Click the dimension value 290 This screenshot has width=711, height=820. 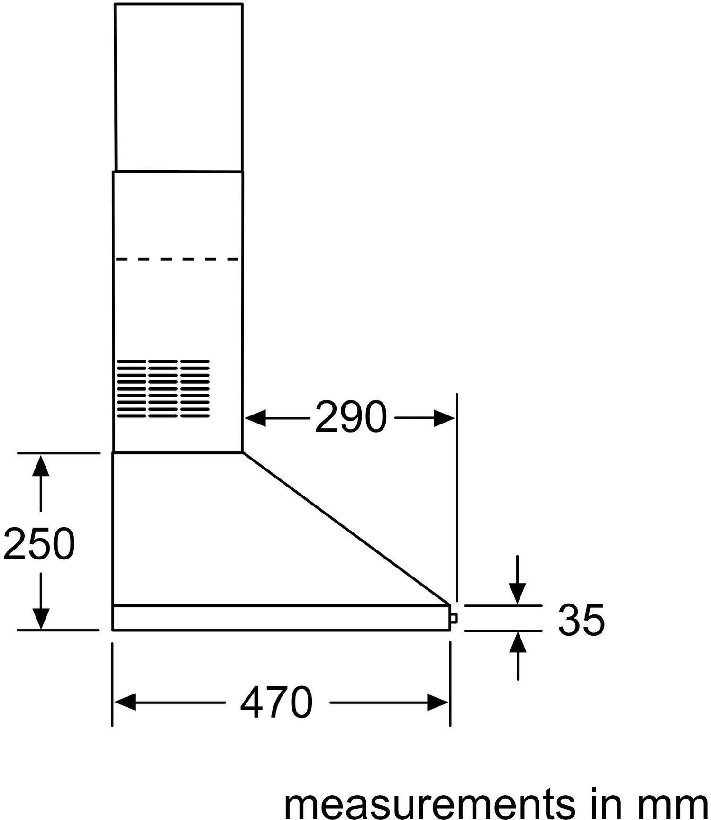[x=351, y=417]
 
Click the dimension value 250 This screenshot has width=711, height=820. [x=39, y=543]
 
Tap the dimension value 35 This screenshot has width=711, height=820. [x=582, y=619]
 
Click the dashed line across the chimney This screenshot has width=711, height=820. [x=178, y=259]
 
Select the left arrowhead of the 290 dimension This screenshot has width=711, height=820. [x=255, y=418]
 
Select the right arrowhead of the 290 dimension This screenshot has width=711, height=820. [x=445, y=418]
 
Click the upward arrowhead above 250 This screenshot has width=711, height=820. [x=41, y=466]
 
